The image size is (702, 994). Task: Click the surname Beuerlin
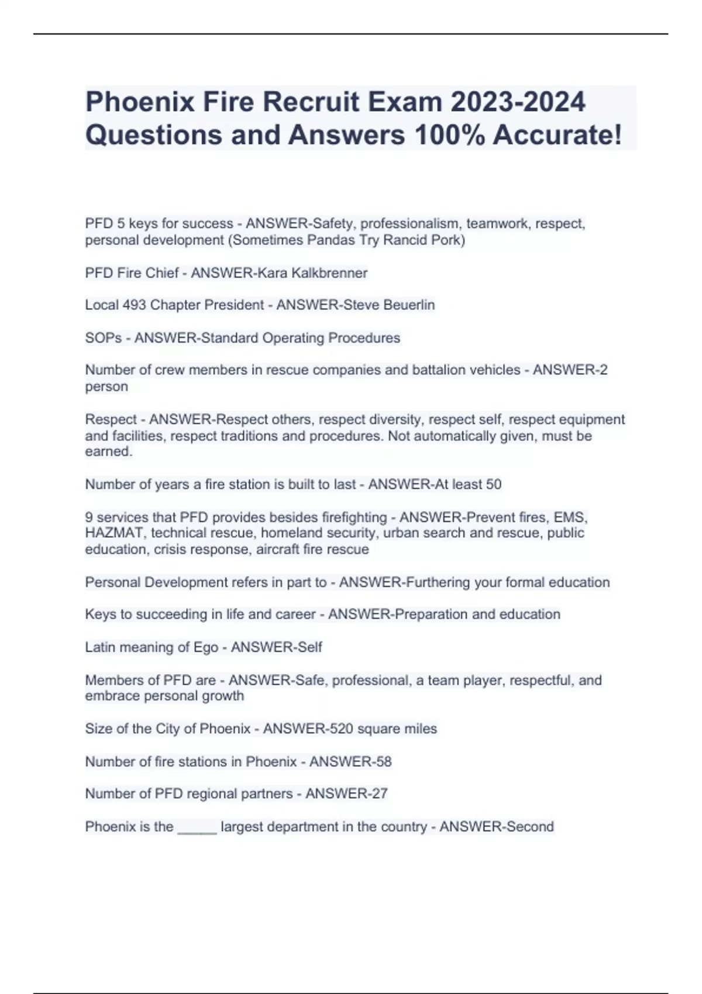[x=409, y=305]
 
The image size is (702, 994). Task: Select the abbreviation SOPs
[x=104, y=338]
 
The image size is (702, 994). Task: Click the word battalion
[x=439, y=370]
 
